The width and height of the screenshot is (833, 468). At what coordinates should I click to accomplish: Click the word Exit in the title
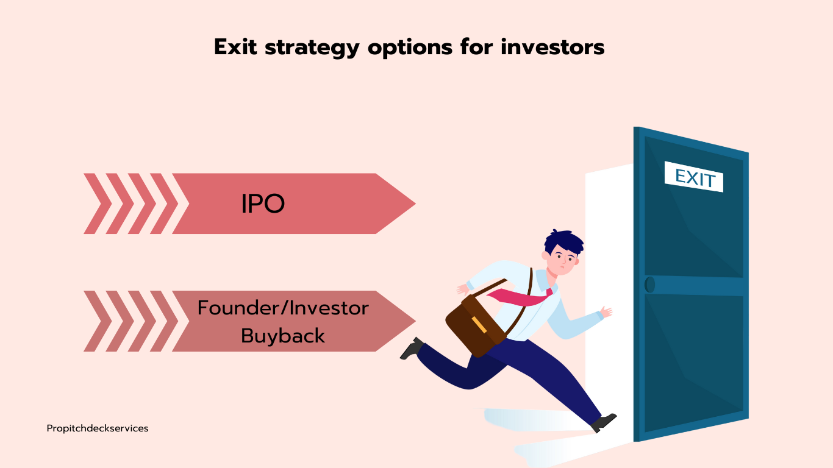click(x=235, y=47)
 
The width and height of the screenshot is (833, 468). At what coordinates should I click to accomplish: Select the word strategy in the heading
click(x=312, y=48)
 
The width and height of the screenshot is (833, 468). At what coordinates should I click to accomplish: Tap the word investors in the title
click(x=552, y=47)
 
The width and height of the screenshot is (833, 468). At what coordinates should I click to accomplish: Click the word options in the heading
click(x=410, y=48)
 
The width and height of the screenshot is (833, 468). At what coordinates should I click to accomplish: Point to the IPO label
click(x=263, y=204)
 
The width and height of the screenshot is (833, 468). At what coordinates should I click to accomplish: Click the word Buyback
click(x=283, y=336)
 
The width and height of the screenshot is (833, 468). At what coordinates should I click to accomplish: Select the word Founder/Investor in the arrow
click(x=283, y=308)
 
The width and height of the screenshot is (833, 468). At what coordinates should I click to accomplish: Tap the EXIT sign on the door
click(x=694, y=177)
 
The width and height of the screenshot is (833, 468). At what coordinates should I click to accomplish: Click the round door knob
click(x=649, y=285)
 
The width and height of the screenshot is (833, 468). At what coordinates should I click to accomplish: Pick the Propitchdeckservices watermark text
click(x=98, y=428)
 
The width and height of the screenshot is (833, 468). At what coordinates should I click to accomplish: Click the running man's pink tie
click(x=520, y=297)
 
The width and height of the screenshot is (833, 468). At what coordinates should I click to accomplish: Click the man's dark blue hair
click(x=563, y=242)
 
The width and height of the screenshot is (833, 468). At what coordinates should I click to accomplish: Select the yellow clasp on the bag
click(x=479, y=325)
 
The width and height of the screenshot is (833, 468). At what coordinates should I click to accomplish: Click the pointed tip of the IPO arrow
click(x=415, y=204)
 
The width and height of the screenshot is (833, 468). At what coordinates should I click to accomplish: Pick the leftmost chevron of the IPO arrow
click(x=98, y=204)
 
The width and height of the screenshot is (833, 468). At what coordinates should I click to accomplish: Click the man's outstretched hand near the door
click(x=606, y=311)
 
